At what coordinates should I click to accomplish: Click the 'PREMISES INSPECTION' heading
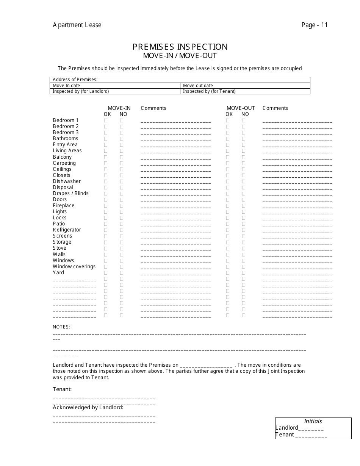point(180,47)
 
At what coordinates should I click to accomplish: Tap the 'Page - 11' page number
point(315,25)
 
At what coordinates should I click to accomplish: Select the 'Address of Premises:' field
point(180,80)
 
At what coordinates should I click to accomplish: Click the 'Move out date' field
point(245,86)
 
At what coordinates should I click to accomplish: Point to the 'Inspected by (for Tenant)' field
point(245,91)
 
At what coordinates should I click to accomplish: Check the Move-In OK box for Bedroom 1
point(106,120)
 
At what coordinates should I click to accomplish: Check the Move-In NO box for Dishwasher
point(122,181)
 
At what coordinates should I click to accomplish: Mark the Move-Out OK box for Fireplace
point(228,206)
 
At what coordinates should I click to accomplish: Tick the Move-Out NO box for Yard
point(244,273)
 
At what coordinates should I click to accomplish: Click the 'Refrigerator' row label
point(67,230)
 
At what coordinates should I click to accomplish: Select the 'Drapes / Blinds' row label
point(70,194)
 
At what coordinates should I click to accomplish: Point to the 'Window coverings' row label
point(74,267)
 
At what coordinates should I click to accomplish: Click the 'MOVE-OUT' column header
point(241,108)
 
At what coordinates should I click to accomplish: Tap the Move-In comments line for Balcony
point(175,158)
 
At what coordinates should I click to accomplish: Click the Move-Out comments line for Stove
point(297,250)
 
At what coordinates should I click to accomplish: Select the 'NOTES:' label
point(61,327)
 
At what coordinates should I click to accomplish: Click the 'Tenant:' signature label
point(62,389)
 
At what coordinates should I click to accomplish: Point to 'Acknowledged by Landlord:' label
point(88,407)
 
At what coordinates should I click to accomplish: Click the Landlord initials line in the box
point(311,428)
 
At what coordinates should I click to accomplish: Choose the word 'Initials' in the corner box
point(313,421)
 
